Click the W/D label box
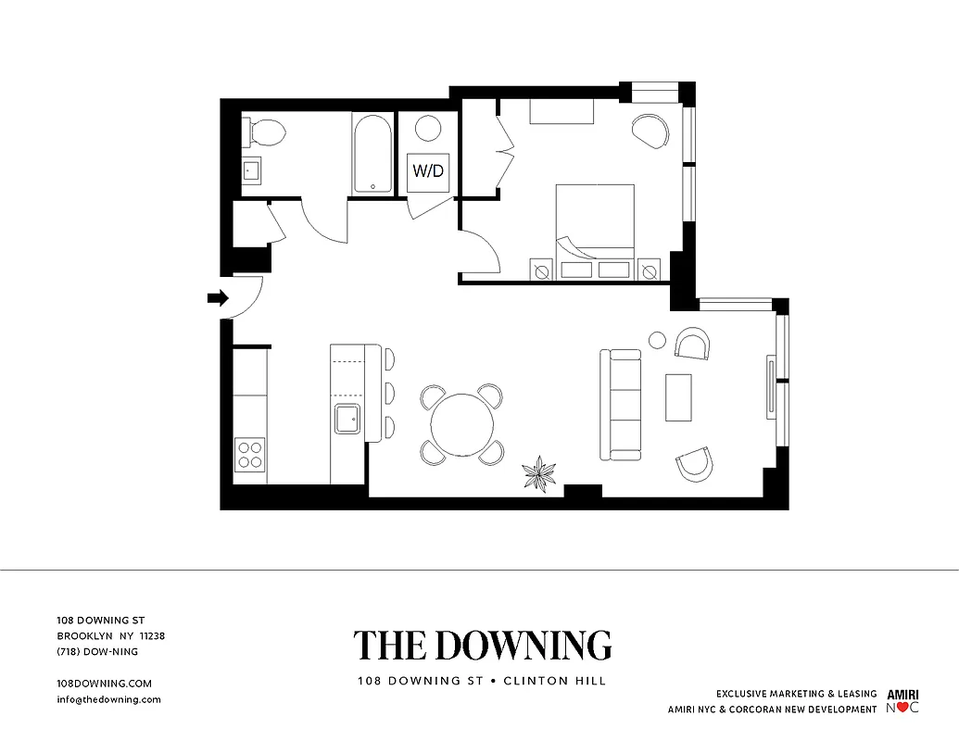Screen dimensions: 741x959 tap(428, 171)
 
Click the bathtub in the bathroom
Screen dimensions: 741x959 tap(372, 154)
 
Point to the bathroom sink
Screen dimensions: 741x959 tap(251, 170)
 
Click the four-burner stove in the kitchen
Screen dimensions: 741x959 tap(250, 455)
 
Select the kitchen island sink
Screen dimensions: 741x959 tap(348, 419)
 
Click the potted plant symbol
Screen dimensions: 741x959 tap(538, 475)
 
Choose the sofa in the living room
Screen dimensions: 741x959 tap(621, 405)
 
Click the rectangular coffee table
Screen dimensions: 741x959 tap(678, 397)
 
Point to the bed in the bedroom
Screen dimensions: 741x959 tap(595, 222)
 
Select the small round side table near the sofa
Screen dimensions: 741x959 tap(658, 340)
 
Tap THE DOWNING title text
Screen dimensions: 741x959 tap(482, 645)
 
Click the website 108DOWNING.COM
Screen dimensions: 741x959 tap(104, 683)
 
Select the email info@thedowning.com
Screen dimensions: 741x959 tap(109, 699)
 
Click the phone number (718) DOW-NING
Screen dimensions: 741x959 tap(97, 651)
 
